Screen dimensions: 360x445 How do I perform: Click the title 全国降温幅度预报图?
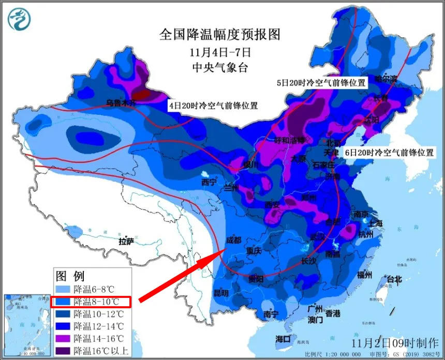220,35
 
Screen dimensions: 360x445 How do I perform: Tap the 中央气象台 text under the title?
220,67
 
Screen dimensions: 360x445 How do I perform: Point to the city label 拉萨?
126,241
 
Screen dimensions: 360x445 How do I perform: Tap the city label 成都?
234,240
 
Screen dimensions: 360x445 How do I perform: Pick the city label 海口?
283,339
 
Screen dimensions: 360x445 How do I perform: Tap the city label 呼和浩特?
289,140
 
